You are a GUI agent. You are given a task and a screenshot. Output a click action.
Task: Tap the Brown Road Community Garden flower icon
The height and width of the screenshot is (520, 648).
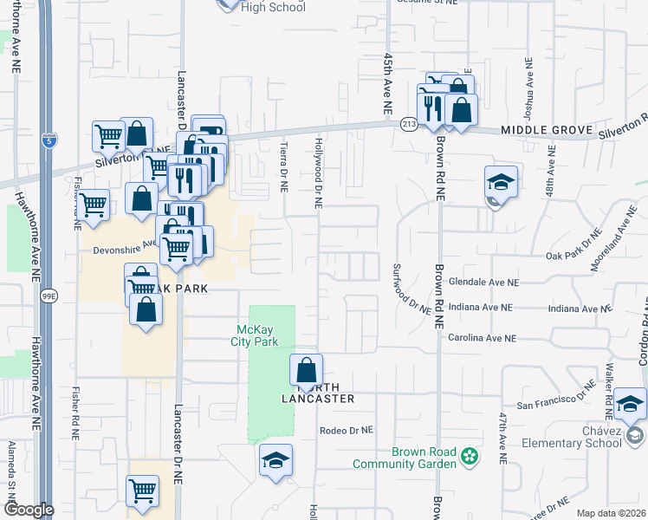(469, 455)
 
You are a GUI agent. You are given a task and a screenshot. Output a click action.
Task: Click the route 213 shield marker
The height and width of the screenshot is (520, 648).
(409, 126)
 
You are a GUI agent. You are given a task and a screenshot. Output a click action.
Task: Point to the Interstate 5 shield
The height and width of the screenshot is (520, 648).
(49, 140)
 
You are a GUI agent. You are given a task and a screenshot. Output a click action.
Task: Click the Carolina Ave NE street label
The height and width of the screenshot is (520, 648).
(482, 338)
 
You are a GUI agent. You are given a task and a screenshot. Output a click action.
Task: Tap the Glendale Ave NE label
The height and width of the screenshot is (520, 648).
(484, 283)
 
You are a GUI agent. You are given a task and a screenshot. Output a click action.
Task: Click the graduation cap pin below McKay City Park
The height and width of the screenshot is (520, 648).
(275, 460)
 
